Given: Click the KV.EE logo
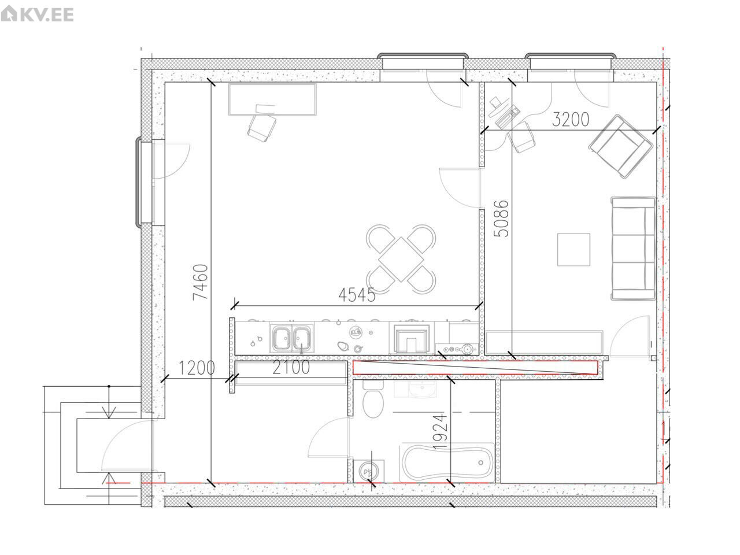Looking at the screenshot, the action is [x=37, y=14].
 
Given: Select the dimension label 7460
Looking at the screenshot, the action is [x=200, y=282].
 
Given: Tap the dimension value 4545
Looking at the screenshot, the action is [x=357, y=295].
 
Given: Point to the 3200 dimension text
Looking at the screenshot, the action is [x=571, y=120].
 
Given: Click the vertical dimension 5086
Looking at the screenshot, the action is [x=502, y=219].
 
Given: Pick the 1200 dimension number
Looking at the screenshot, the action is [x=197, y=368].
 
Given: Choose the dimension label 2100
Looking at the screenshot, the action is [x=291, y=368].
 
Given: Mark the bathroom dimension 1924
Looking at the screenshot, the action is [x=440, y=431].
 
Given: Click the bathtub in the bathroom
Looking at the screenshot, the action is [x=447, y=462].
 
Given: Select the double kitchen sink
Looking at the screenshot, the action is [x=291, y=338].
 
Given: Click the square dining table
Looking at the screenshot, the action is [x=401, y=260].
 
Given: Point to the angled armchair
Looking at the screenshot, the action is [x=621, y=147].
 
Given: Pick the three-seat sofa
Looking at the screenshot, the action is [x=633, y=249].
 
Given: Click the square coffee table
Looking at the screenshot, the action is [x=573, y=250].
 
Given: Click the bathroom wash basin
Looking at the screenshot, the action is [x=422, y=390].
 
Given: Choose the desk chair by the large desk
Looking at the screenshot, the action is [x=262, y=127].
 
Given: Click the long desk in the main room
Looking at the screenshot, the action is [x=272, y=99].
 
